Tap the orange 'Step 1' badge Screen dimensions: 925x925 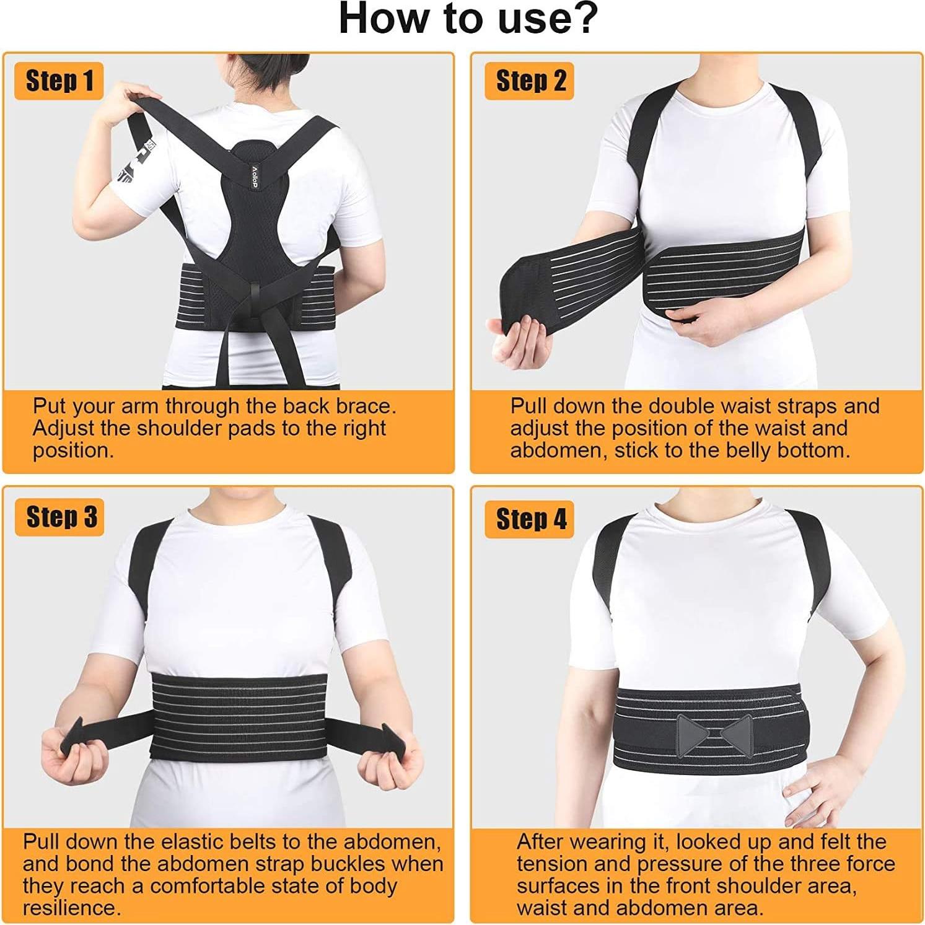59,81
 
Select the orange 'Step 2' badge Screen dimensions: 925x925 531,81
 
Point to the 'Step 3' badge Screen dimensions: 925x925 61,517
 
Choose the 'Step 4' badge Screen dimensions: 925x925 531,519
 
